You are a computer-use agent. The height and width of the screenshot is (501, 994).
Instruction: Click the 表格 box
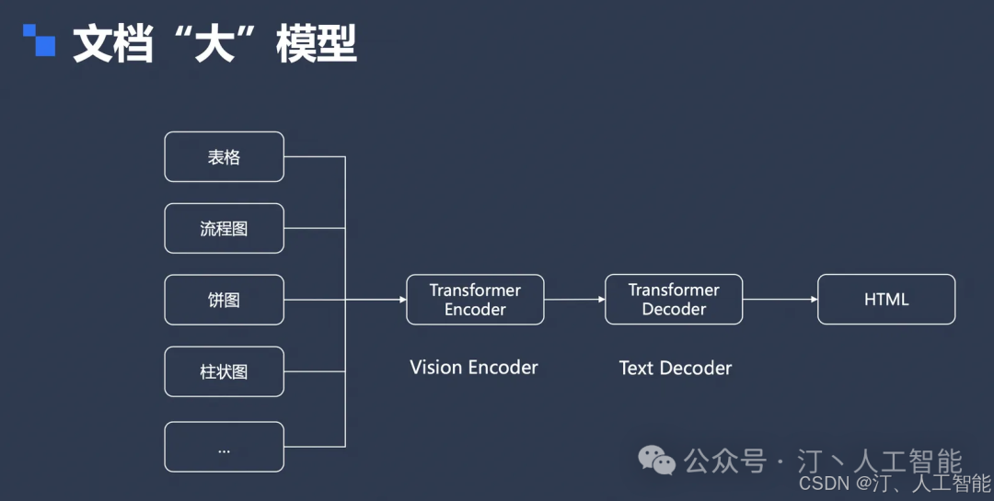(224, 156)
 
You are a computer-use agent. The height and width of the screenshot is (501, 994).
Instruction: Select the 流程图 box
(224, 228)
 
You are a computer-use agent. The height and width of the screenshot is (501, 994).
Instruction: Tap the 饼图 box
(224, 300)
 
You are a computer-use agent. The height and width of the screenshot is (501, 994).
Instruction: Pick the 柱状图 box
(224, 371)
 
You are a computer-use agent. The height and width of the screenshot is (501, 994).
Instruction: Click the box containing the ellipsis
(224, 447)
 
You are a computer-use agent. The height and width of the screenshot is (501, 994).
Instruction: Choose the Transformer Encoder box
(475, 300)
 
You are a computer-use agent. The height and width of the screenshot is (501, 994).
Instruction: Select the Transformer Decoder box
(674, 299)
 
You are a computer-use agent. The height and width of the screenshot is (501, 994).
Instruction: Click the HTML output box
(886, 299)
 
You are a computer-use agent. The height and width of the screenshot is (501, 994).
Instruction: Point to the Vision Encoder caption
(474, 368)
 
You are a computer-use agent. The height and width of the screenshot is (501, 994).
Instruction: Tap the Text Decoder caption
(676, 368)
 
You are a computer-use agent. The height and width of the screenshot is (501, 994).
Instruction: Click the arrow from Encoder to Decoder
(574, 300)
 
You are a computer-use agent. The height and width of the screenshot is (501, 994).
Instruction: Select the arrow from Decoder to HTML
(780, 300)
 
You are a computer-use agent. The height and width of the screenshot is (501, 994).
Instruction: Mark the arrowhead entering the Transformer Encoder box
(402, 300)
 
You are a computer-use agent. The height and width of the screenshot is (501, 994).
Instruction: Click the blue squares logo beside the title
(39, 40)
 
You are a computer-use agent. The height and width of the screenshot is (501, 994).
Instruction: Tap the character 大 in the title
(214, 44)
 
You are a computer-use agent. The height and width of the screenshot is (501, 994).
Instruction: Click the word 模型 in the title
(317, 44)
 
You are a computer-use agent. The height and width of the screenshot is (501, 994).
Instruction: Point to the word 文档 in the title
(113, 44)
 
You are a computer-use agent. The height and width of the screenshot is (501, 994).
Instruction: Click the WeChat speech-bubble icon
(657, 460)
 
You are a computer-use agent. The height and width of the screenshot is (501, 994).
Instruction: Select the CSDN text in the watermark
(824, 484)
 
